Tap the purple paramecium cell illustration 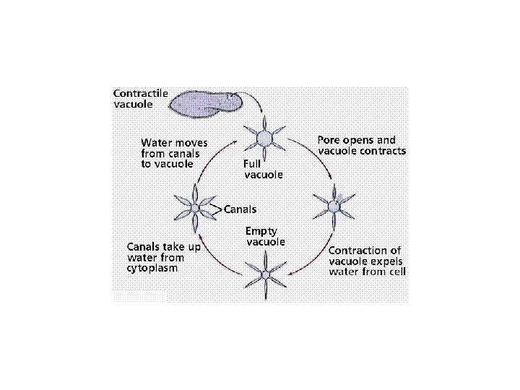pos(201,105)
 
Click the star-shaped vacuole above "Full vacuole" pos(265,136)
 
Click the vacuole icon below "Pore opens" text pos(334,207)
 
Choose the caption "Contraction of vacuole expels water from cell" pos(367,261)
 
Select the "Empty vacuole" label pos(265,236)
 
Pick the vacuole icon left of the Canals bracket pos(195,209)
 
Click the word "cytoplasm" pos(152,267)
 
